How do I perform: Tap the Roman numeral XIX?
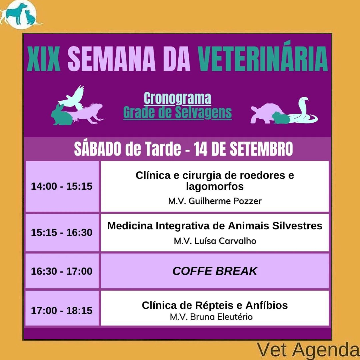[x=43, y=59]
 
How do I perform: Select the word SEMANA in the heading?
[x=112, y=59]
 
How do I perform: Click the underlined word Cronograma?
[x=177, y=98]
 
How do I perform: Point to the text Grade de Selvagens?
[x=177, y=112]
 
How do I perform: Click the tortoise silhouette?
[x=267, y=113]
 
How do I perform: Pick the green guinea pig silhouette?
[x=281, y=118]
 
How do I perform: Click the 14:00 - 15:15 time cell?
[x=62, y=186]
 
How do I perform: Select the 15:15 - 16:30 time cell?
[x=62, y=232]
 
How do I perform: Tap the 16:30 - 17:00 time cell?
[x=62, y=271]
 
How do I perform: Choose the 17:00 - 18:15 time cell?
[x=62, y=310]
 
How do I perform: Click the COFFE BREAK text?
[x=215, y=271]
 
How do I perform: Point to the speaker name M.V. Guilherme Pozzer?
[x=215, y=201]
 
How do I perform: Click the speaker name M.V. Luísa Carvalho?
[x=215, y=241]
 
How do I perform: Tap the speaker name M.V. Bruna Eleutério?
[x=211, y=317]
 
